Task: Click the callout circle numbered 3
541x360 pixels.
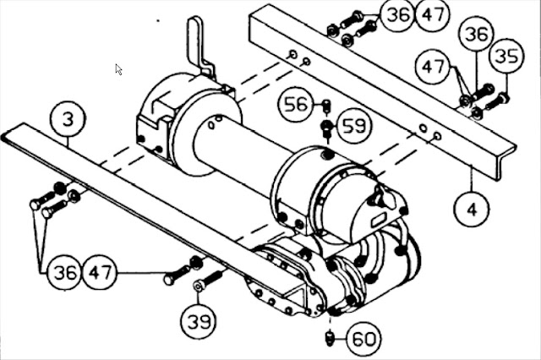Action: tap(68, 119)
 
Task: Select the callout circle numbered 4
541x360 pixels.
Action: tap(472, 209)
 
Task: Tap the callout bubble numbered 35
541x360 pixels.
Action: tap(507, 56)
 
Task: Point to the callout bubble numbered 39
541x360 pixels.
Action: tap(199, 321)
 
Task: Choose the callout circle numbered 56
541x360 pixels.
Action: tap(295, 104)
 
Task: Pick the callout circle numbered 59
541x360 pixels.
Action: tap(354, 125)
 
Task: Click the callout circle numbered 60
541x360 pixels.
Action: tap(363, 339)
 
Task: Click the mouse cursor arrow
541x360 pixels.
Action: tap(118, 69)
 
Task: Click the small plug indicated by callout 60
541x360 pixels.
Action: tap(330, 337)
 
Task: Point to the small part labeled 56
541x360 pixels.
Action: tap(326, 106)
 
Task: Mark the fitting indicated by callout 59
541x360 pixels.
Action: tap(326, 128)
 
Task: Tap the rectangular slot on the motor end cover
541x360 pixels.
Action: tap(379, 220)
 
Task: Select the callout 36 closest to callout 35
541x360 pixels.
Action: tap(476, 34)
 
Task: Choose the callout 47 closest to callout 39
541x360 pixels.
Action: tap(100, 272)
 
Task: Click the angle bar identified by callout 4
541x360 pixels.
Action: tap(382, 90)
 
